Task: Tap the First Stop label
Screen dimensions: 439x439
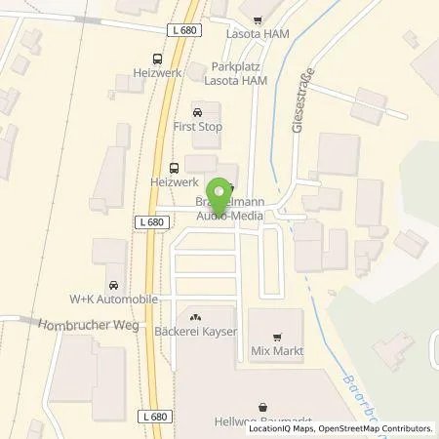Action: pos(198,128)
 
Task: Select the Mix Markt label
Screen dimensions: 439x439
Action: pos(276,350)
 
